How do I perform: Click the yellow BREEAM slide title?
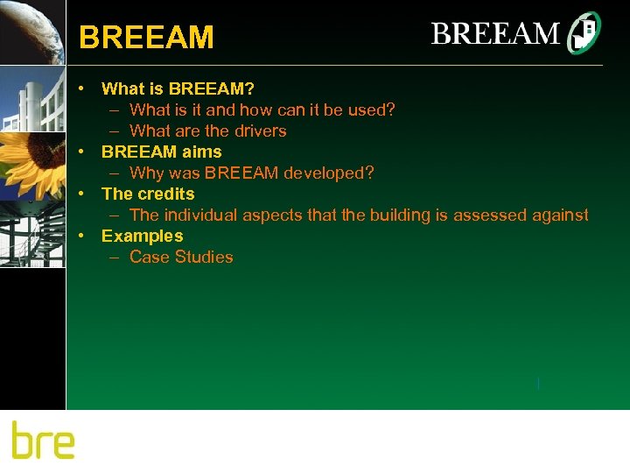click(x=146, y=38)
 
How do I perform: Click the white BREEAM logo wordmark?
click(x=495, y=34)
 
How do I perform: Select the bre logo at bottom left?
click(x=43, y=440)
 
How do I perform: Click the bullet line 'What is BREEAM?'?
click(x=178, y=88)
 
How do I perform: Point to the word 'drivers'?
click(x=259, y=131)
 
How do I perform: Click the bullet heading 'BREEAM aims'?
click(x=162, y=152)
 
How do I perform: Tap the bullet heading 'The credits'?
click(x=148, y=194)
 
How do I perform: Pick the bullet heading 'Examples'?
click(x=143, y=236)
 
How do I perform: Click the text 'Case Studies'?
click(x=181, y=258)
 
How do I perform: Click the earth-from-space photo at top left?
click(x=32, y=32)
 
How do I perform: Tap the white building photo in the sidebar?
click(x=32, y=97)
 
